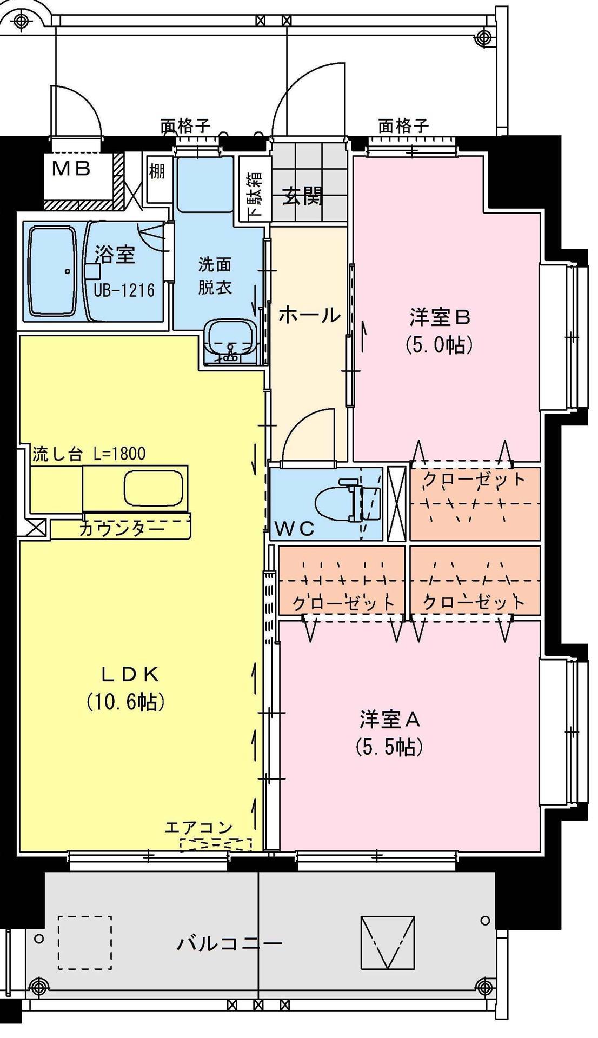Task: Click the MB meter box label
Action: [x=71, y=169]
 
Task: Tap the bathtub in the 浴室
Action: [x=52, y=271]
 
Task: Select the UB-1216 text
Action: [x=124, y=291]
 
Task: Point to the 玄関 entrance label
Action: [x=304, y=196]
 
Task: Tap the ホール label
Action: [x=309, y=315]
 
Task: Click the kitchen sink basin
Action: [x=154, y=488]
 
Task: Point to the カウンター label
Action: [x=121, y=529]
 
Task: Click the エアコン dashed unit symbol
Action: [x=215, y=844]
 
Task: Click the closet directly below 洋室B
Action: [x=475, y=502]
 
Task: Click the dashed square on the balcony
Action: [x=85, y=942]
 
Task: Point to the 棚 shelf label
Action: [x=157, y=172]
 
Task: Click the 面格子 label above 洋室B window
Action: [x=403, y=127]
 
